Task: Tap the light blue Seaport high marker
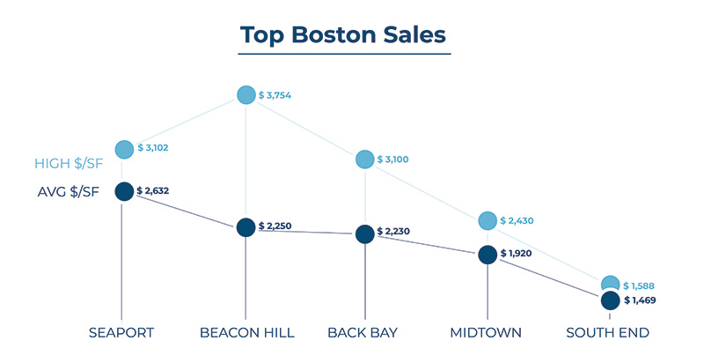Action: click(x=123, y=150)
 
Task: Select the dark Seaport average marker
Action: click(x=123, y=192)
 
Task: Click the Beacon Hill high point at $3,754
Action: click(x=246, y=94)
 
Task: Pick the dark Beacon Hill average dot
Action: click(x=246, y=226)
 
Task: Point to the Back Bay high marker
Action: click(x=365, y=159)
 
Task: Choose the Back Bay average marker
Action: click(x=365, y=233)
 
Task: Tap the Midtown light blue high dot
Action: click(x=488, y=220)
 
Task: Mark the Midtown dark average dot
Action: click(x=488, y=255)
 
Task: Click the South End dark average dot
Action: click(x=611, y=300)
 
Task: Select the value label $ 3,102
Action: click(x=157, y=150)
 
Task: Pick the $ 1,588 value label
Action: click(x=640, y=286)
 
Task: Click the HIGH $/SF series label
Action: click(x=71, y=164)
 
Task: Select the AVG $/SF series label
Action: click(x=71, y=192)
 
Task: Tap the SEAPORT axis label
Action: click(x=121, y=333)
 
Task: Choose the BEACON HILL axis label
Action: click(x=247, y=333)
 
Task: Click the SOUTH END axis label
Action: click(x=607, y=333)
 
